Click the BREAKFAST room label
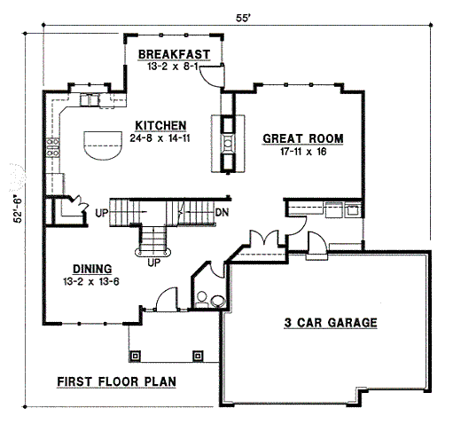[174, 54]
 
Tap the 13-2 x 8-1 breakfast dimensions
[174, 66]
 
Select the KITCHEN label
[160, 124]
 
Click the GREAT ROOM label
[302, 139]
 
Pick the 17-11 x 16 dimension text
[302, 152]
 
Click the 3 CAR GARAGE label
[325, 323]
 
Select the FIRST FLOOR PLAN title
[116, 382]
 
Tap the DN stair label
[223, 213]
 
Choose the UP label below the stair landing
[153, 263]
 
